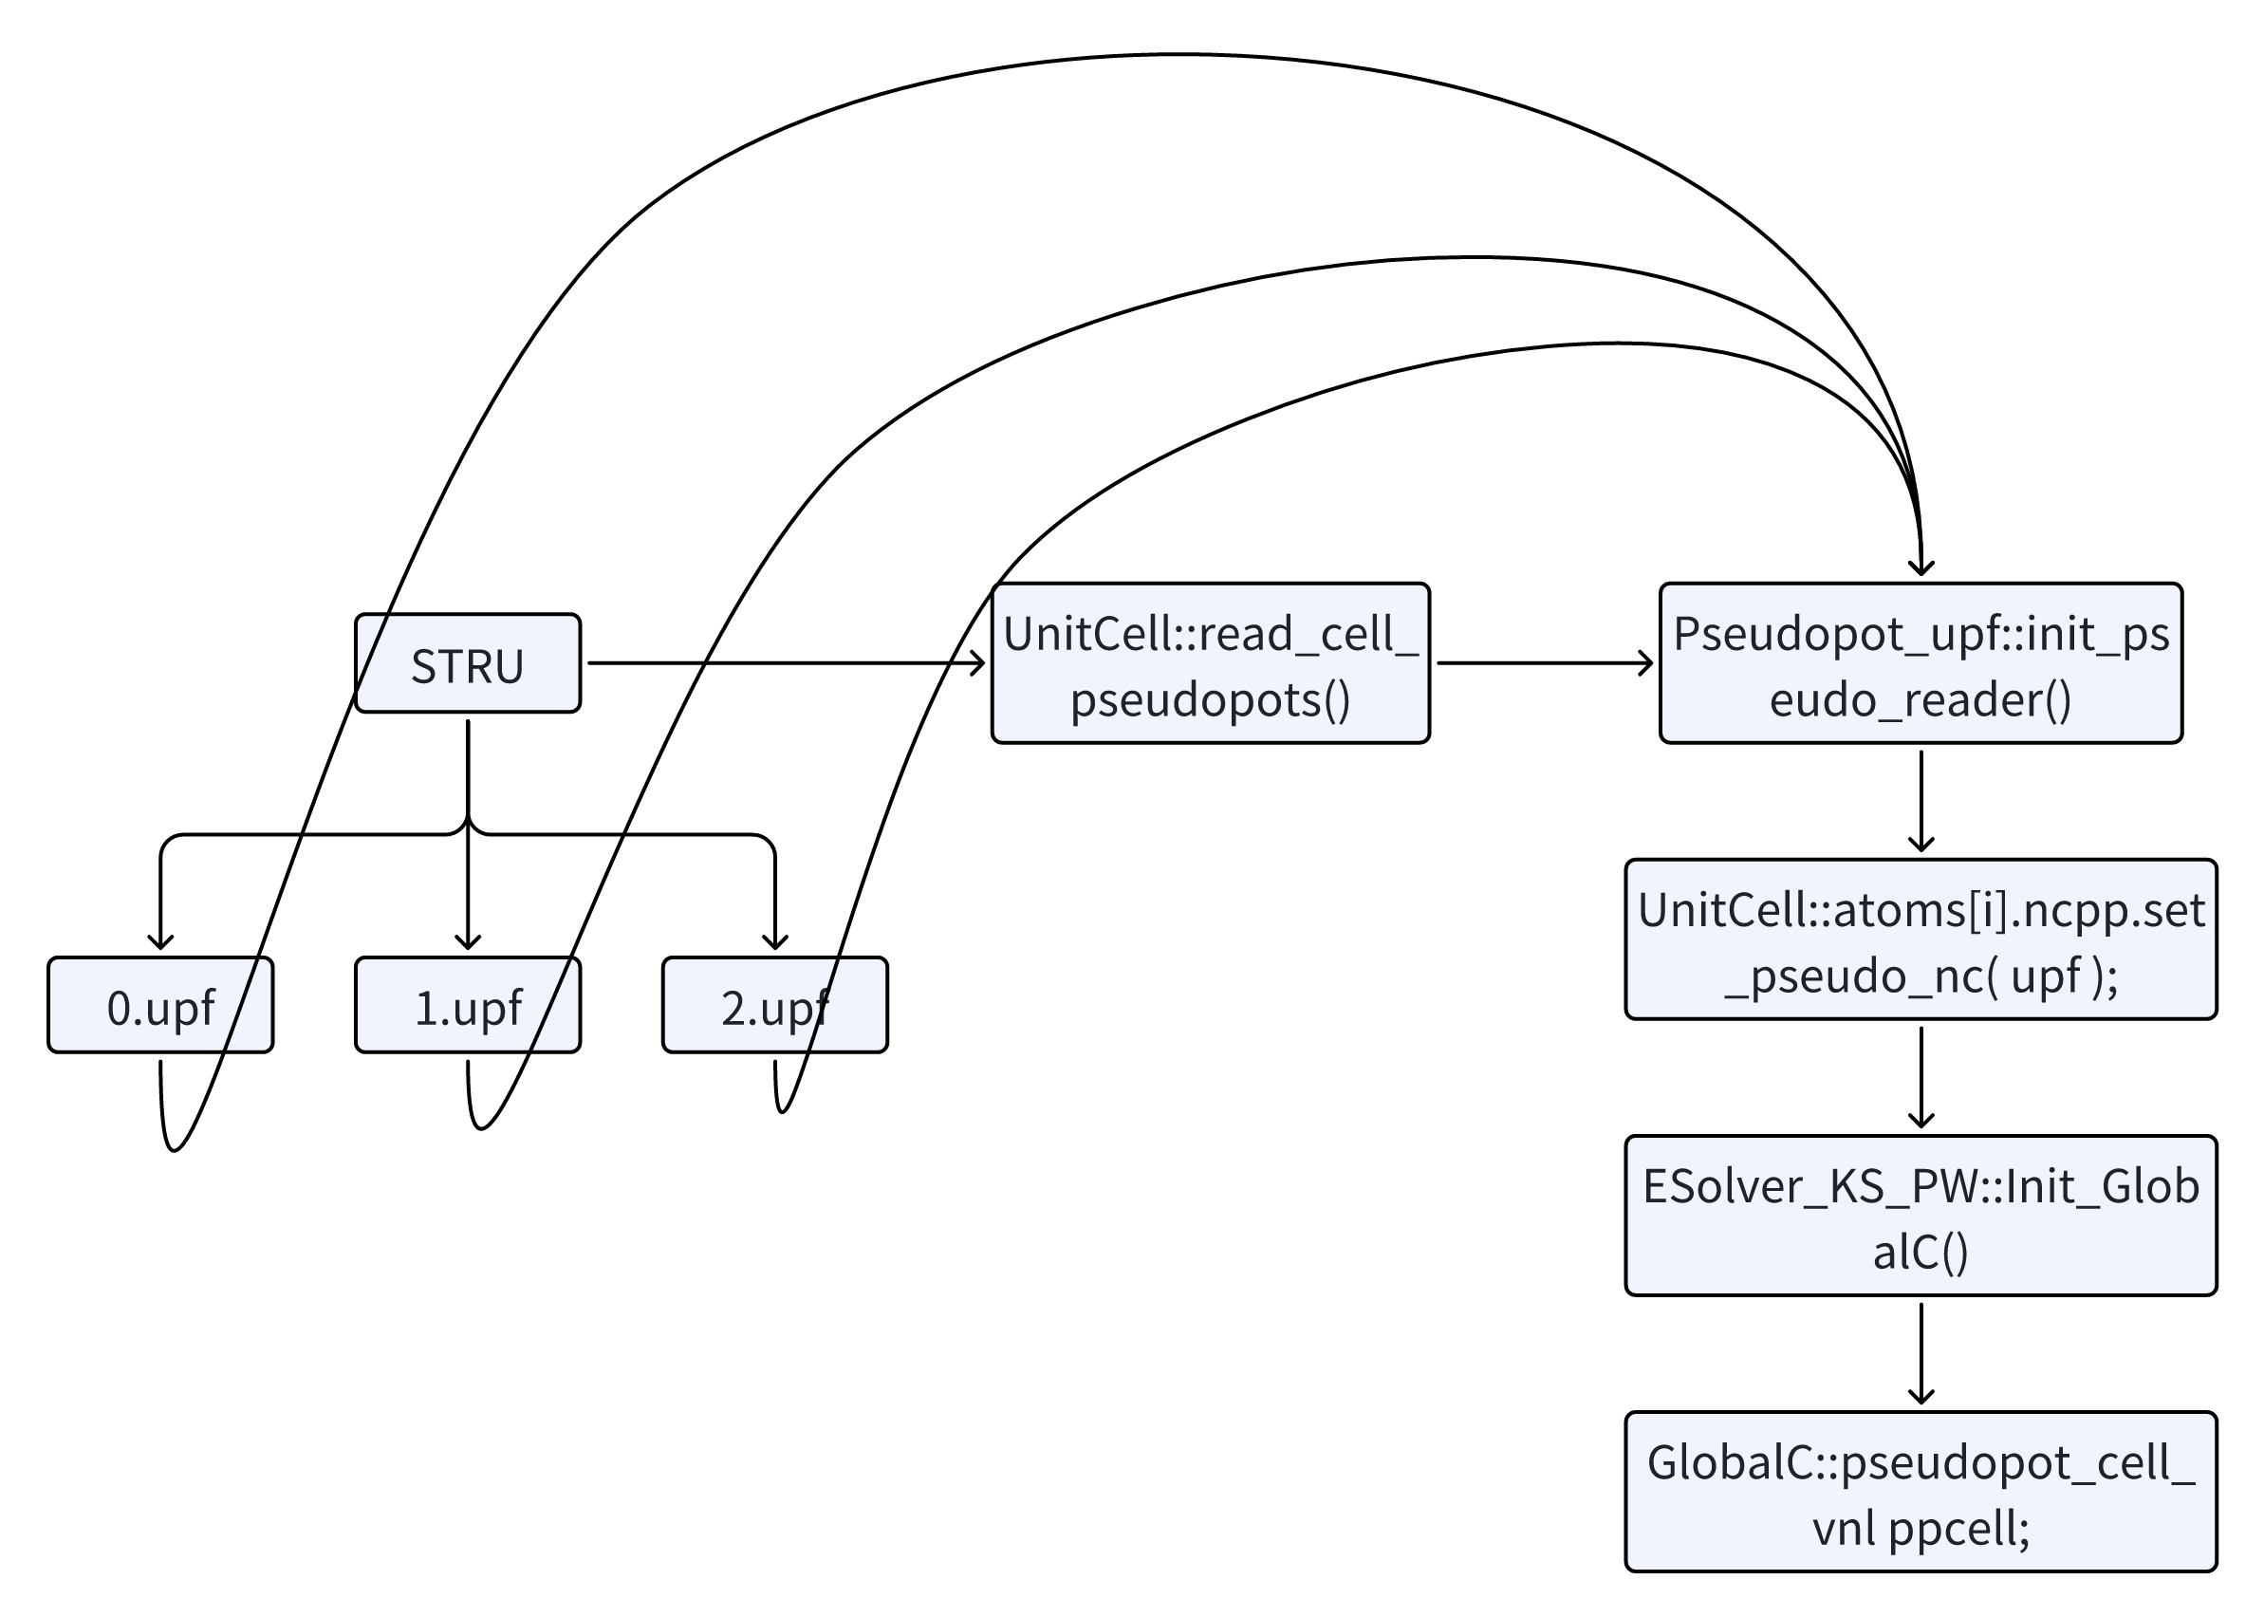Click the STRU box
coord(467,663)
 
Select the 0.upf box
coord(160,1005)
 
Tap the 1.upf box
coord(467,1005)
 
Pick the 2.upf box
coord(774,1005)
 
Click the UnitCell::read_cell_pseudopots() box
coord(1210,663)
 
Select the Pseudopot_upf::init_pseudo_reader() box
coord(1921,663)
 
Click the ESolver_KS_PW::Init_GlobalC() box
coord(1921,1215)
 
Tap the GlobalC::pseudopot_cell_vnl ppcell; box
coord(1921,1492)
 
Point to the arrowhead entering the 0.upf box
coord(160,942)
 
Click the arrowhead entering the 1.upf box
coord(467,942)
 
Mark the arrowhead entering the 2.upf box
coord(774,942)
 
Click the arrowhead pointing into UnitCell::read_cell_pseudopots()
coord(976,663)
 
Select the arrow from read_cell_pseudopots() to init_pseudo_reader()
coord(1544,663)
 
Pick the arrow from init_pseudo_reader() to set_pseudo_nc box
coord(1921,802)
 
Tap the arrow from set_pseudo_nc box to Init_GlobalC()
coord(1921,1077)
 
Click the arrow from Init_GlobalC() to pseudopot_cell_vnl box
coord(1921,1353)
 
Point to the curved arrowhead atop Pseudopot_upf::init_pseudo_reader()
coord(1921,567)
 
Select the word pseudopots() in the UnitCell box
coord(1210,699)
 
